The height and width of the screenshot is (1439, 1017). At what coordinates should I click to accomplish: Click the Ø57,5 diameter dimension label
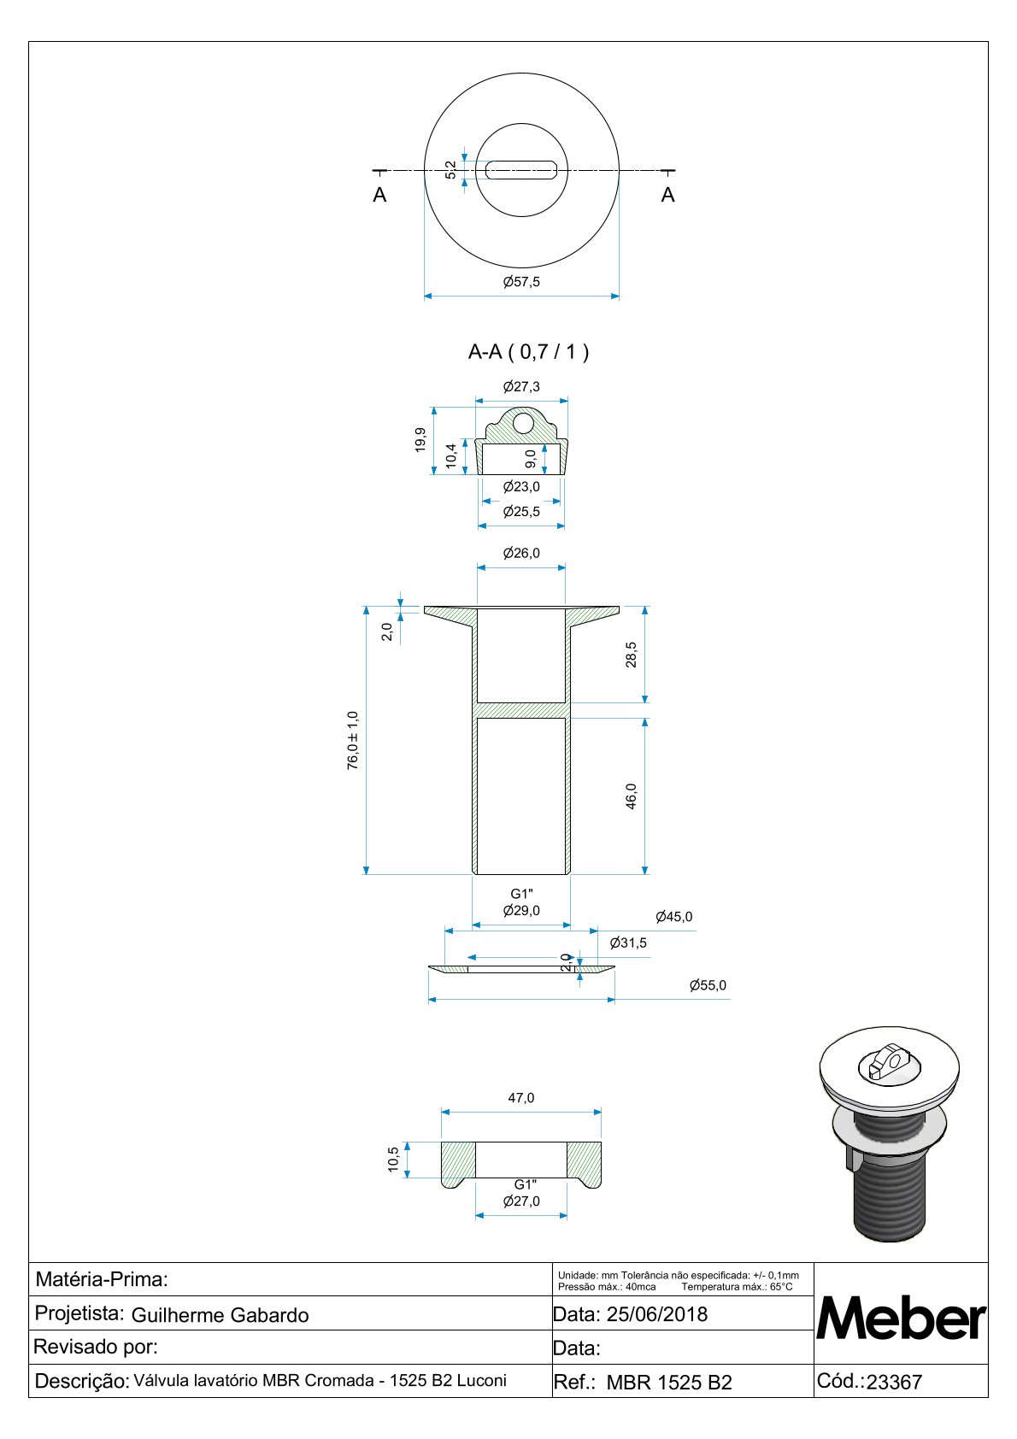tap(521, 281)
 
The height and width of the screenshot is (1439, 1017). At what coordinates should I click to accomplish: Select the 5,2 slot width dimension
tap(451, 169)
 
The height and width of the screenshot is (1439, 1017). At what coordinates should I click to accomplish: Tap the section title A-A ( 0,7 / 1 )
tap(528, 351)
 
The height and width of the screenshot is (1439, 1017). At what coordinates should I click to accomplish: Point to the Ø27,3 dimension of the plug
tap(521, 386)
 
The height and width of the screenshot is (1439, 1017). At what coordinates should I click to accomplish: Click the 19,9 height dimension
tap(420, 440)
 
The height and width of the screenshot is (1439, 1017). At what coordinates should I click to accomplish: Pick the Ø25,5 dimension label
tap(521, 511)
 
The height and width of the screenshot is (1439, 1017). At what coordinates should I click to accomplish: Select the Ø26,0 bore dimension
tap(521, 553)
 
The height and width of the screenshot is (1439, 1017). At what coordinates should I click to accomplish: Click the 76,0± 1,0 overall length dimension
tap(353, 740)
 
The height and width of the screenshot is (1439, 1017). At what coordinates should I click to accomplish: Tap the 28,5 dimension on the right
tap(631, 655)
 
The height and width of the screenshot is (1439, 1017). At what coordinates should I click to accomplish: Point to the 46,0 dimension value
tap(631, 796)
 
